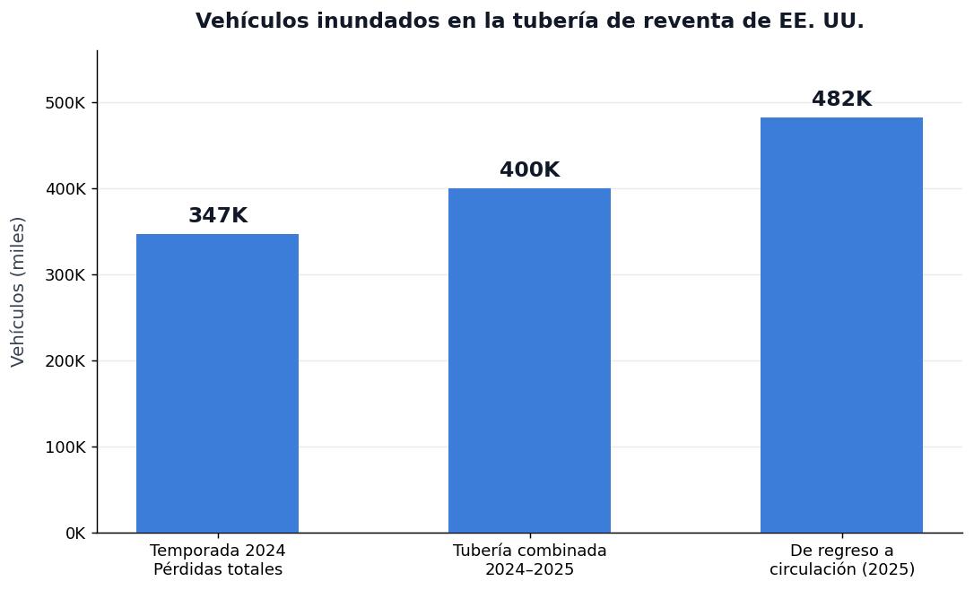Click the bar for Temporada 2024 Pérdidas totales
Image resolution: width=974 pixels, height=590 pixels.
coord(217,383)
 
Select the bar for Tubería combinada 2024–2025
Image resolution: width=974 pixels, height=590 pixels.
coord(529,360)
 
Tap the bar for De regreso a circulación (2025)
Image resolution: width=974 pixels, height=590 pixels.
coord(841,325)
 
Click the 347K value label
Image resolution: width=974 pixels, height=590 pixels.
coord(217,216)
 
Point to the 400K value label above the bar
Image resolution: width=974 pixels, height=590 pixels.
coord(529,170)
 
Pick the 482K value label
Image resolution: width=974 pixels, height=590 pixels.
coord(841,100)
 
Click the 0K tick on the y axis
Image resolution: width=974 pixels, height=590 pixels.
coord(74,534)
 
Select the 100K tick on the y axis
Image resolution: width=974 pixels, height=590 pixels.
coord(65,447)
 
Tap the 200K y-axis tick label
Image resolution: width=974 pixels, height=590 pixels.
coord(65,361)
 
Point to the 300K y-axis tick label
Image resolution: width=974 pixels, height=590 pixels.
coord(65,275)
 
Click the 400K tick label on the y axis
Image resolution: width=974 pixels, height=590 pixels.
coord(65,189)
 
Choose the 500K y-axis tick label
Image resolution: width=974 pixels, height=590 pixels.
coord(65,103)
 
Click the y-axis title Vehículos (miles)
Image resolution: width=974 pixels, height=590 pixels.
coord(18,291)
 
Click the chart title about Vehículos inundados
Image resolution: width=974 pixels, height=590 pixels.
coord(529,22)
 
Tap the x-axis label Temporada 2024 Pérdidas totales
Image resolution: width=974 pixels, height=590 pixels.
coord(217,560)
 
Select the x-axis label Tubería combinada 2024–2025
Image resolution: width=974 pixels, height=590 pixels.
coord(529,560)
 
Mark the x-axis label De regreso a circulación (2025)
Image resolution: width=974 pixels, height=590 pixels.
coord(841,560)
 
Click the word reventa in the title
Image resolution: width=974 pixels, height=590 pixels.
coord(686,22)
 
